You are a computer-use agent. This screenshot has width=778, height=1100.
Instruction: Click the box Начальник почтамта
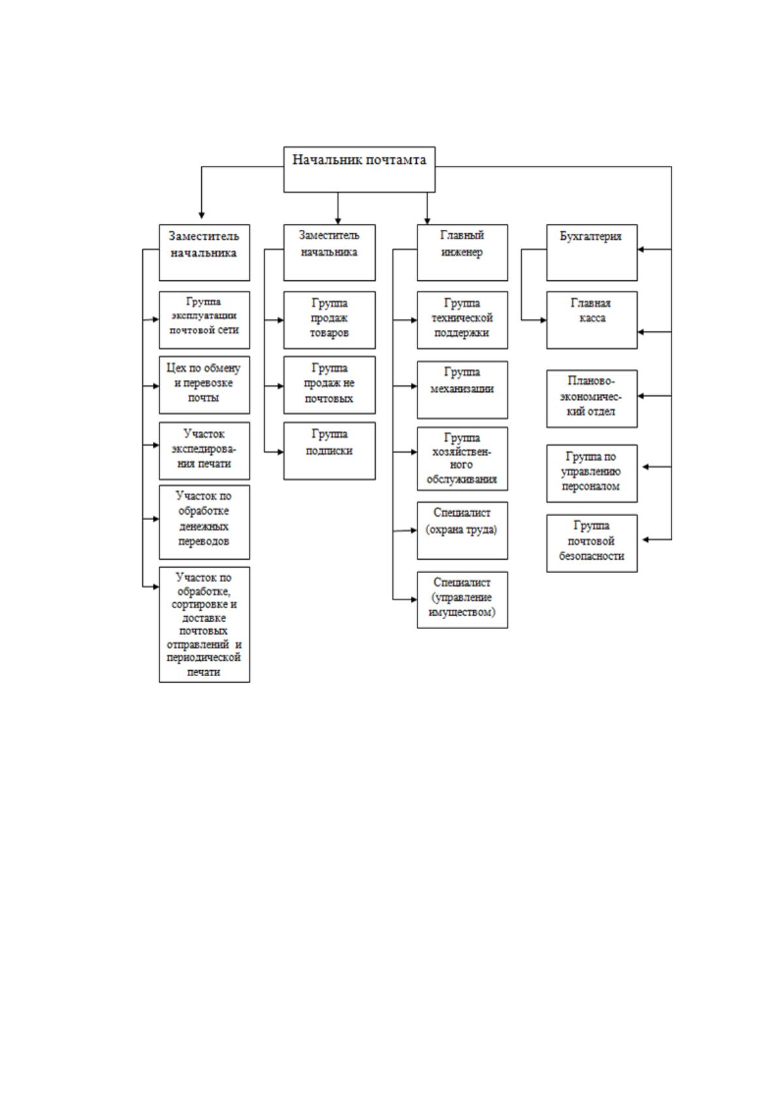[359, 169]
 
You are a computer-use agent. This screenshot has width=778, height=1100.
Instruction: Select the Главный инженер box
[462, 253]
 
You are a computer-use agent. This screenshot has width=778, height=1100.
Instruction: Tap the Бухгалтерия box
[592, 253]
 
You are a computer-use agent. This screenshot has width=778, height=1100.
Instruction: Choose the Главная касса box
[592, 320]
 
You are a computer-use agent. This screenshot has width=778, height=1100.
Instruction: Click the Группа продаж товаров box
[329, 320]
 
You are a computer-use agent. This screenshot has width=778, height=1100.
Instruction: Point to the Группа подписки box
[329, 451]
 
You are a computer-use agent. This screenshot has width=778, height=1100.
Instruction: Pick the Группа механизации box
[462, 390]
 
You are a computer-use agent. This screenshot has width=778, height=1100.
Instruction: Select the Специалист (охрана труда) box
[462, 530]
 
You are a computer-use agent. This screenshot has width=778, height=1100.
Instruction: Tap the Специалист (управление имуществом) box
[462, 600]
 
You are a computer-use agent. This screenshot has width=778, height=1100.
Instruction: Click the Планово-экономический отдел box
[592, 398]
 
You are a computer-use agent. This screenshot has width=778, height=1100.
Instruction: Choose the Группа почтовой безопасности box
[592, 543]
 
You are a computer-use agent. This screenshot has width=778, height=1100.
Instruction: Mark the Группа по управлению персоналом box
[592, 474]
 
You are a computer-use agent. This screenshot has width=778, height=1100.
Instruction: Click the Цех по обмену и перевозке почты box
[204, 385]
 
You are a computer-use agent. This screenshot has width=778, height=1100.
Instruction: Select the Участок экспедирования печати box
[204, 451]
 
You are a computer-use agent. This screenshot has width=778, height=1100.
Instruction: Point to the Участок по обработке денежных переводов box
[204, 522]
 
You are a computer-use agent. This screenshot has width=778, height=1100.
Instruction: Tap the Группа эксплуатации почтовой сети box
[204, 320]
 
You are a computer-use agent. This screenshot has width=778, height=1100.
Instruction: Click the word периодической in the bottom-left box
[203, 658]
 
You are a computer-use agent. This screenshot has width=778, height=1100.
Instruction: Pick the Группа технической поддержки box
[462, 320]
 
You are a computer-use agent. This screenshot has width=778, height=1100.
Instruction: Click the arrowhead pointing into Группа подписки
[280, 452]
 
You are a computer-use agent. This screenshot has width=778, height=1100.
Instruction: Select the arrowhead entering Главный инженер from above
[427, 221]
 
